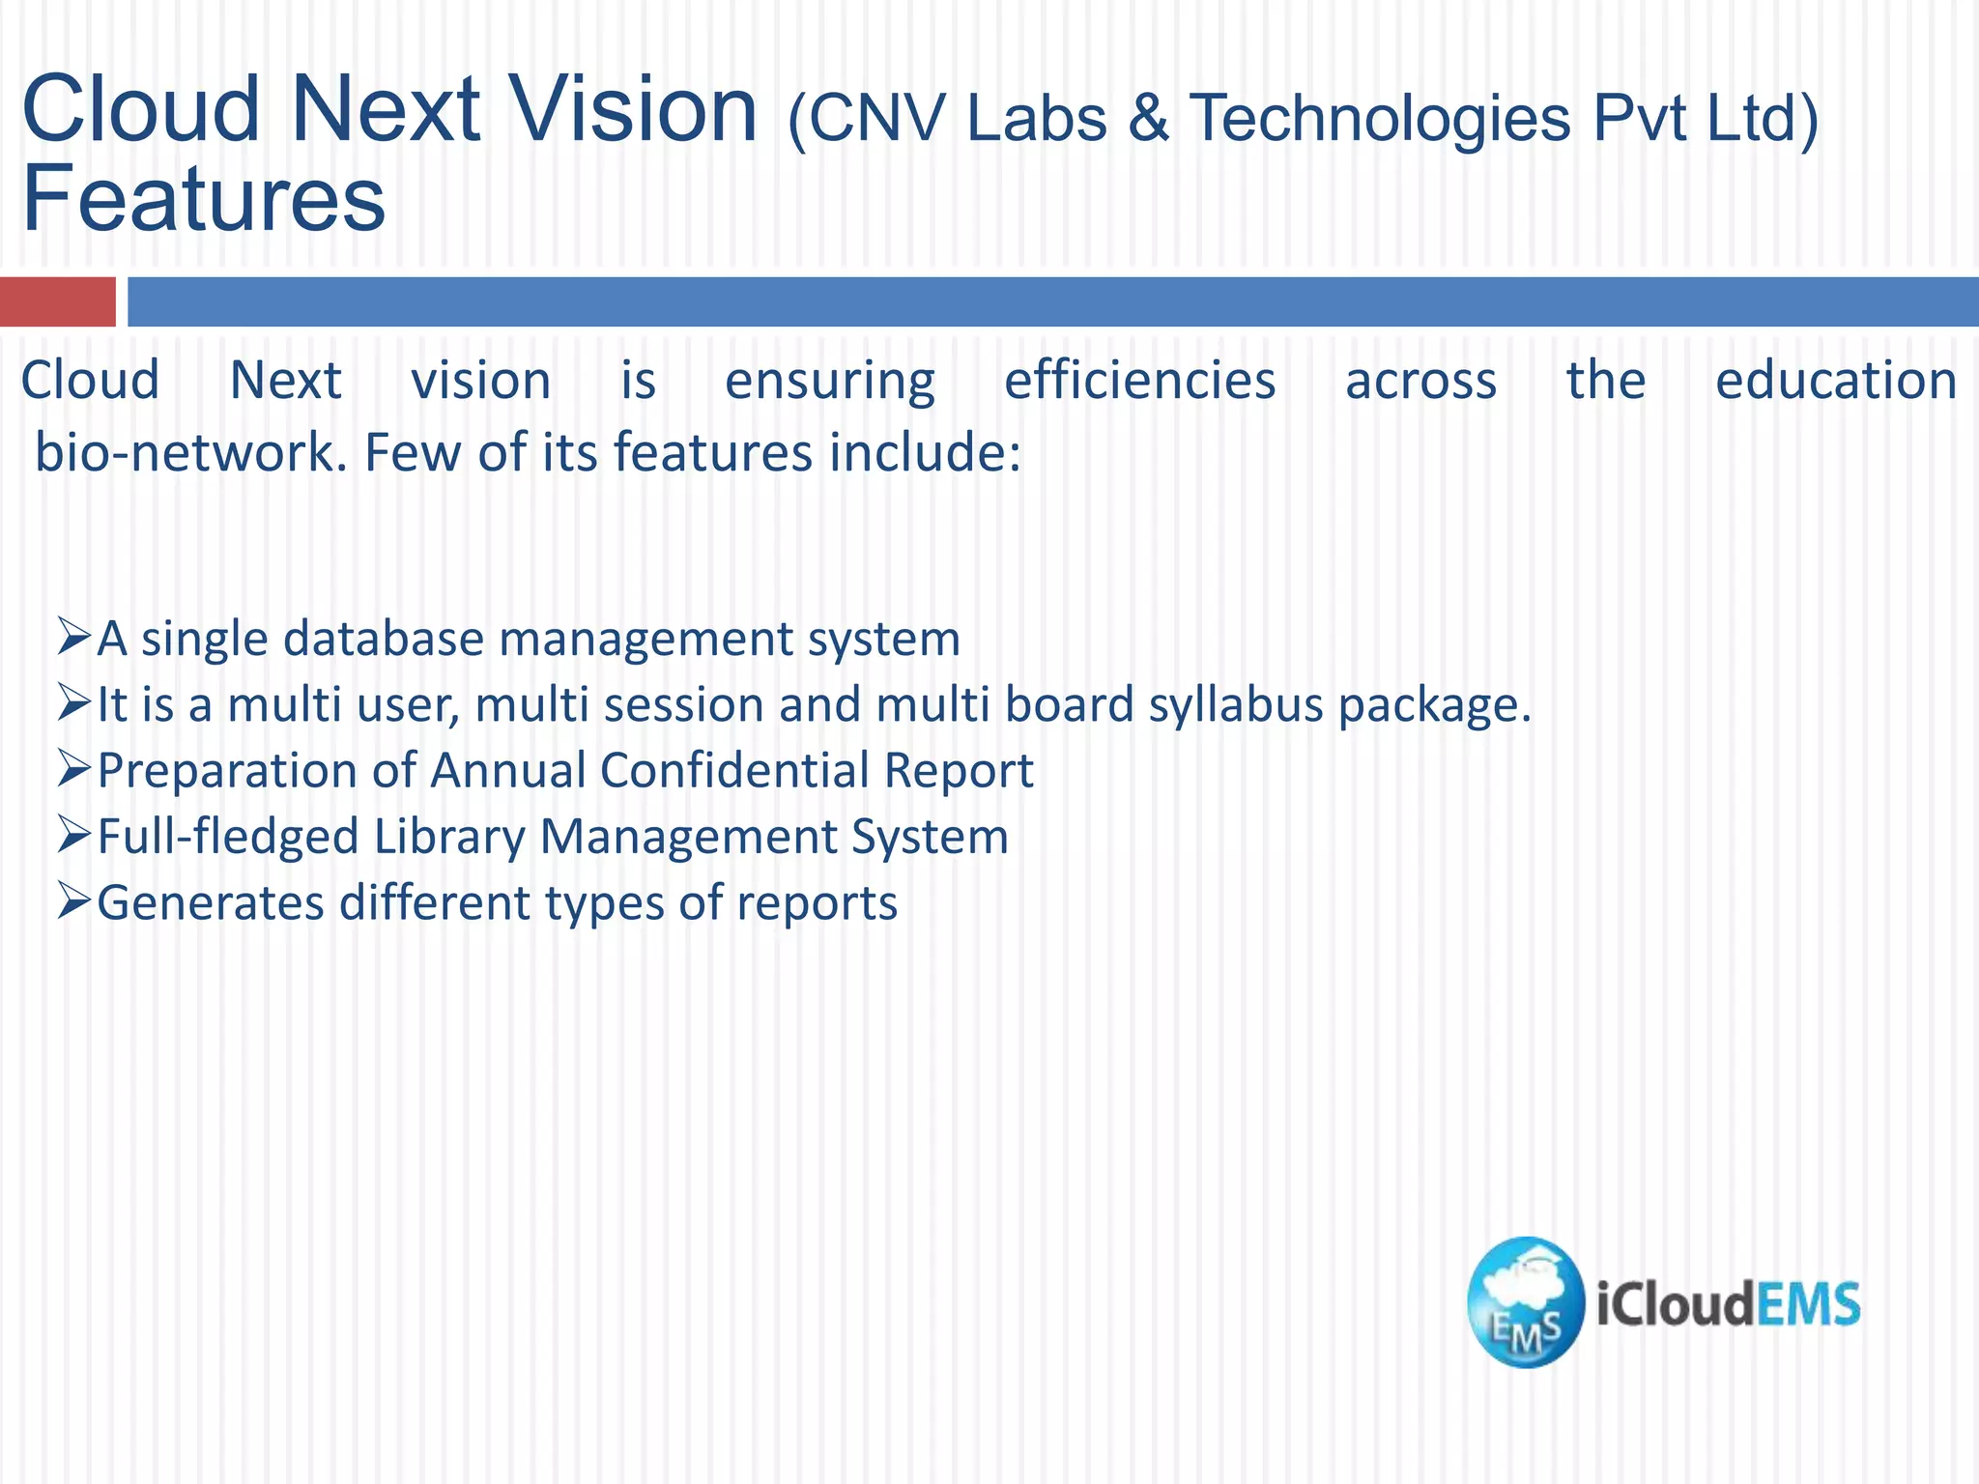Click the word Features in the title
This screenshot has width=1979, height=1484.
(203, 199)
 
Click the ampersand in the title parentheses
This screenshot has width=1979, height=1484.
(1147, 119)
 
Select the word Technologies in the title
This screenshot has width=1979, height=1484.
(1379, 119)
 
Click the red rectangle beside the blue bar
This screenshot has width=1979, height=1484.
(57, 301)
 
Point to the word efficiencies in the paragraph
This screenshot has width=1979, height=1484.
(1139, 381)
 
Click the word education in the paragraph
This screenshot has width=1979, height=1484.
(1835, 381)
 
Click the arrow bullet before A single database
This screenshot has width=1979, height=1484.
(73, 638)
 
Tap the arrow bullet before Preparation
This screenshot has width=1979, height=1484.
(73, 769)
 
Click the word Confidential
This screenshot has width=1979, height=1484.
(734, 771)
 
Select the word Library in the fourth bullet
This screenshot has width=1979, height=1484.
(448, 837)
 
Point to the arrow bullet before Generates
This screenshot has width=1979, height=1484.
(73, 900)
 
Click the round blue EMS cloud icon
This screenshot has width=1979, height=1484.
(1525, 1301)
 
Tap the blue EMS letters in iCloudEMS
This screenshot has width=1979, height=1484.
(1807, 1304)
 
